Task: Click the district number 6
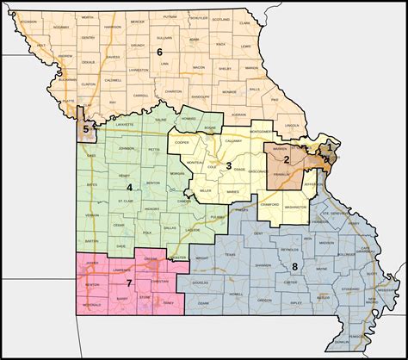(159, 53)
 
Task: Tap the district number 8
(294, 266)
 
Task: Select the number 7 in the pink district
(129, 283)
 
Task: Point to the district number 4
(130, 187)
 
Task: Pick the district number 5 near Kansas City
(84, 130)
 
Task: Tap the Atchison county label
(34, 22)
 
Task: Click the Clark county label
(245, 23)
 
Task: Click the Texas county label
(230, 255)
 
